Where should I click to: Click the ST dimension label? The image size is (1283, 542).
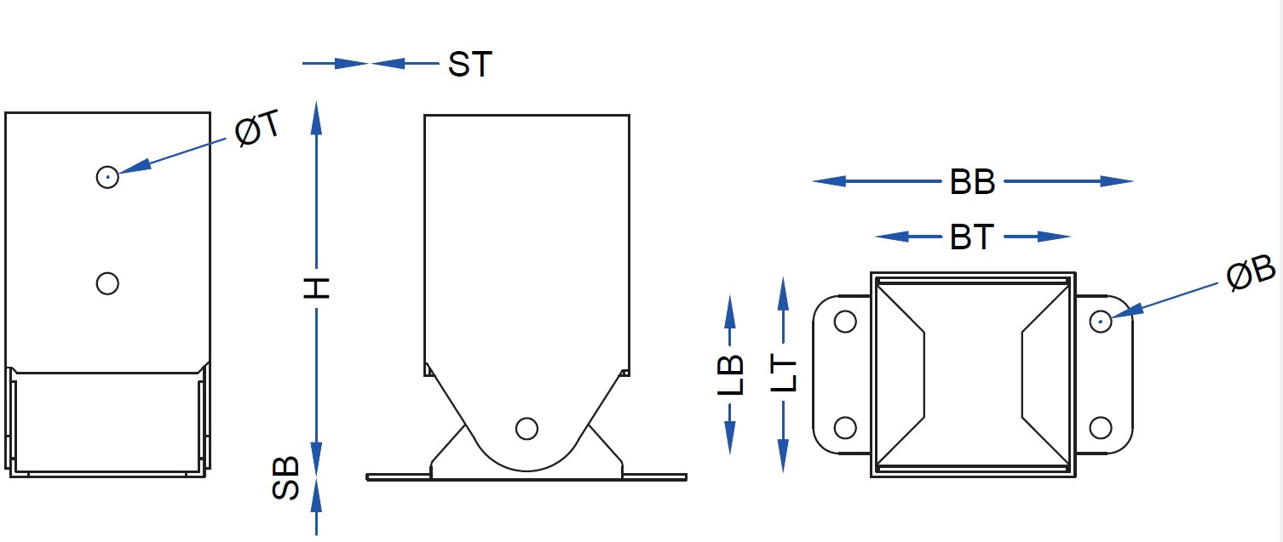coord(470,64)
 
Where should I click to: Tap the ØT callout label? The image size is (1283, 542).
coord(258,129)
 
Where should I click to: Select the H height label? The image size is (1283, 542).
coord(317,288)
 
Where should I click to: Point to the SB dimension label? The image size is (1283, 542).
coord(286,478)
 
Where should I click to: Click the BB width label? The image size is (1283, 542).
coord(972,182)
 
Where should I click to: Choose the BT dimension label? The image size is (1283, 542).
coord(972,237)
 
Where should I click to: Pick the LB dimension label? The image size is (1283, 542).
coord(730,375)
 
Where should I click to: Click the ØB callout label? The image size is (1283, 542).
coord(1251,277)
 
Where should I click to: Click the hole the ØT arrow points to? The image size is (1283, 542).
coord(107,177)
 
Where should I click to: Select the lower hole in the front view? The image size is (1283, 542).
coord(107,282)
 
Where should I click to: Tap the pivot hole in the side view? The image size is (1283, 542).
coord(527,428)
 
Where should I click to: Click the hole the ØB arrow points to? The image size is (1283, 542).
coord(1101,322)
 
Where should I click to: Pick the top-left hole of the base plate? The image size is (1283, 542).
coord(844,322)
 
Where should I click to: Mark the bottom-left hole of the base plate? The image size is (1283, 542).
coord(844,427)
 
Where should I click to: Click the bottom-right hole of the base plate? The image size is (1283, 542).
coord(1101,427)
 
